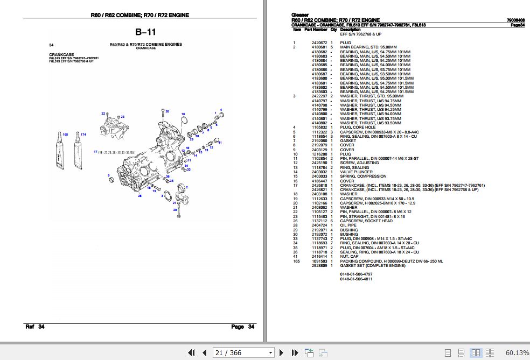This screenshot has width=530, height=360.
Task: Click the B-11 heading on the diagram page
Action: click(x=145, y=32)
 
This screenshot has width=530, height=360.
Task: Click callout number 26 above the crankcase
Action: click(x=167, y=111)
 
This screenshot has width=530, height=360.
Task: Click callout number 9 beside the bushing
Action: click(x=109, y=175)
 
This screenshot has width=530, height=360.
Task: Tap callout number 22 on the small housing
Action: click(x=103, y=114)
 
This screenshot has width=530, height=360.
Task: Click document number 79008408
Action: click(x=515, y=20)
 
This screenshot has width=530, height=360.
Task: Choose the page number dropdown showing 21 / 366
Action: click(x=244, y=353)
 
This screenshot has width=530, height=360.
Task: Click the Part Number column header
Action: click(x=315, y=30)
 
